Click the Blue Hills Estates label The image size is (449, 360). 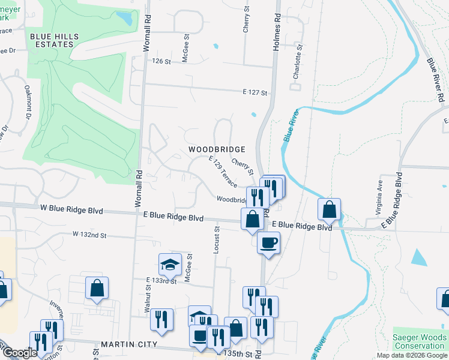pos(54,40)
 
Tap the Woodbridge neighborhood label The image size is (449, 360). pos(217,149)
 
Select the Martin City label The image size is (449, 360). pos(129,344)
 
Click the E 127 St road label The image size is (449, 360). pos(255,92)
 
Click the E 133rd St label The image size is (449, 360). pos(161,280)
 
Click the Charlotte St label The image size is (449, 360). pos(296,62)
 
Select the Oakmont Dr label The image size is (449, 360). pos(28,101)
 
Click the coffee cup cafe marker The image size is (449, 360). pos(268,242)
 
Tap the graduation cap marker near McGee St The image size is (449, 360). pos(170,263)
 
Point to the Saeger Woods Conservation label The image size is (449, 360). pos(419,341)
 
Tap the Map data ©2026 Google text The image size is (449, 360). pos(411,355)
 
